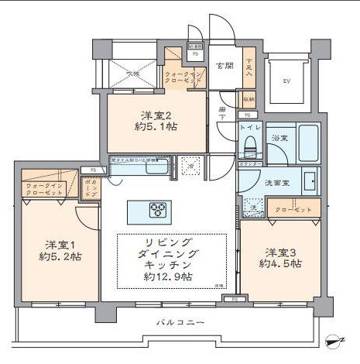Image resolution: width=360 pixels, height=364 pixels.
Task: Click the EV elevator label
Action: [286, 81]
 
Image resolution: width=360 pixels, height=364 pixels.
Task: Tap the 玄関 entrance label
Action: [225, 66]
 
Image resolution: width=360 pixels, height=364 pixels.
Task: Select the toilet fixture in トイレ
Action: [250, 143]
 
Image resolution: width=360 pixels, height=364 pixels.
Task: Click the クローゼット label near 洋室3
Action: [293, 210]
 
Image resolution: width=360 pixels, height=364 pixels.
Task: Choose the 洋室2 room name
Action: [155, 114]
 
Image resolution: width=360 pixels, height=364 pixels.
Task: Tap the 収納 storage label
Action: [248, 100]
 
